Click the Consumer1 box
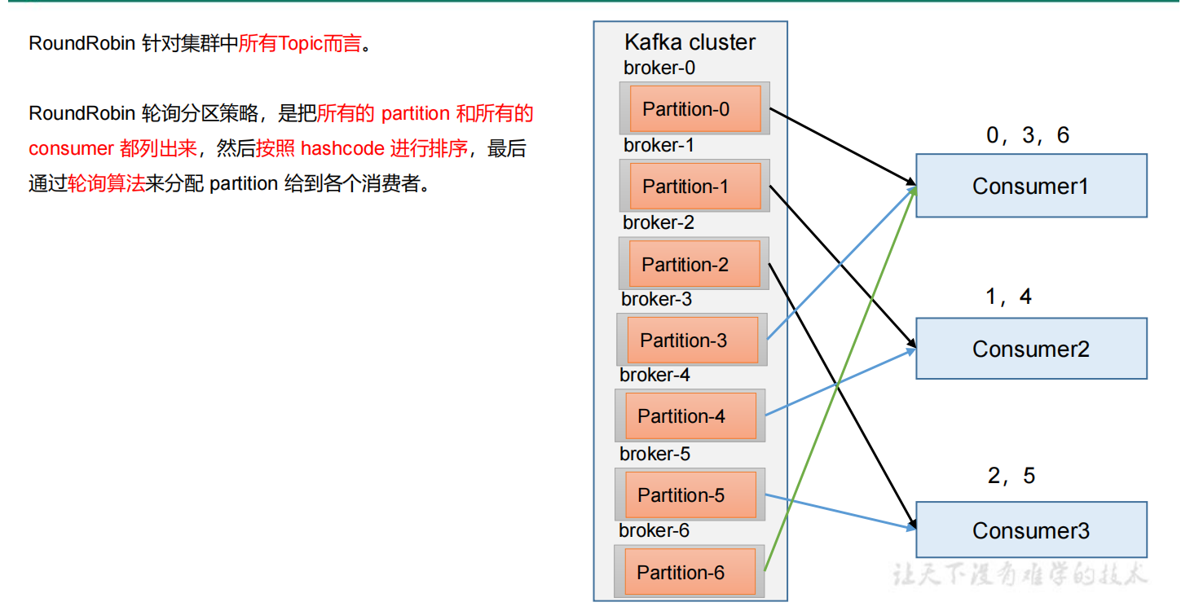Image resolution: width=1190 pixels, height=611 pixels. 1031,186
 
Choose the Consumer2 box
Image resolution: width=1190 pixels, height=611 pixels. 1031,349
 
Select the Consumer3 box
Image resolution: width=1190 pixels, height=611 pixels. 1031,530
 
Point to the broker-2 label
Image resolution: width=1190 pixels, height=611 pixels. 659,222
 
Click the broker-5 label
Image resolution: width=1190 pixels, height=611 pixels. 654,454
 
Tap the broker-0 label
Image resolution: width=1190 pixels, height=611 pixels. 659,68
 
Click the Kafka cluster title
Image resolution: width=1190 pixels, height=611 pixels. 690,42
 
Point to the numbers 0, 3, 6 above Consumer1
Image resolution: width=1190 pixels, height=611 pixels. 1027,135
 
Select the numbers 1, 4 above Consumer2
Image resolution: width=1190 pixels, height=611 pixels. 1008,297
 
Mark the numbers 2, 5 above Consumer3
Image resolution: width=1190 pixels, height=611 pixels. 1011,476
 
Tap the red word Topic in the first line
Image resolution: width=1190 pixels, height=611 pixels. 302,44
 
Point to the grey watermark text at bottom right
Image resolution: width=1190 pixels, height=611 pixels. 1019,574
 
